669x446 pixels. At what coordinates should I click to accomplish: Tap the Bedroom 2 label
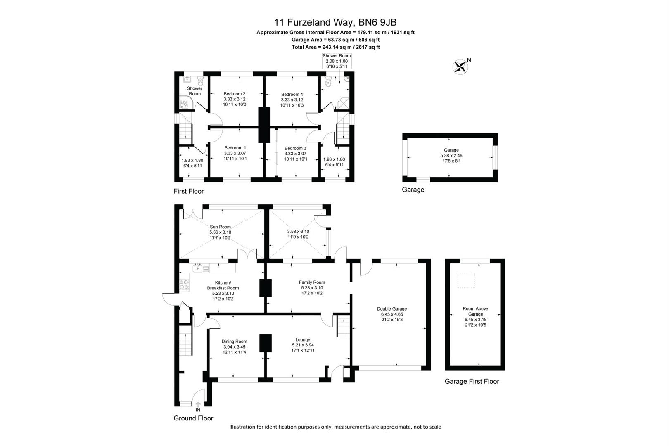click(234, 94)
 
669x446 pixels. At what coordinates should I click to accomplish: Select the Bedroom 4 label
click(292, 94)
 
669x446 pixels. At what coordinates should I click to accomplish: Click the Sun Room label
click(220, 227)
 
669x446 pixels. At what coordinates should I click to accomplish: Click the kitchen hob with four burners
click(184, 284)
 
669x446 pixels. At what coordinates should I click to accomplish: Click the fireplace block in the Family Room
click(266, 288)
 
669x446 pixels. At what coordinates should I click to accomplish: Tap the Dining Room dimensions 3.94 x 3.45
click(234, 347)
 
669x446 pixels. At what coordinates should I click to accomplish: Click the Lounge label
click(303, 339)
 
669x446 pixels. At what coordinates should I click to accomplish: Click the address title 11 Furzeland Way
click(335, 22)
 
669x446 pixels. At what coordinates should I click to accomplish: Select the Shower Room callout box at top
click(337, 61)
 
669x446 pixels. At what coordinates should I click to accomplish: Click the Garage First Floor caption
click(472, 381)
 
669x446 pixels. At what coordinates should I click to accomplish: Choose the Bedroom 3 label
click(295, 148)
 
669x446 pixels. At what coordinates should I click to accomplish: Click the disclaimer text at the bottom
click(335, 427)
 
